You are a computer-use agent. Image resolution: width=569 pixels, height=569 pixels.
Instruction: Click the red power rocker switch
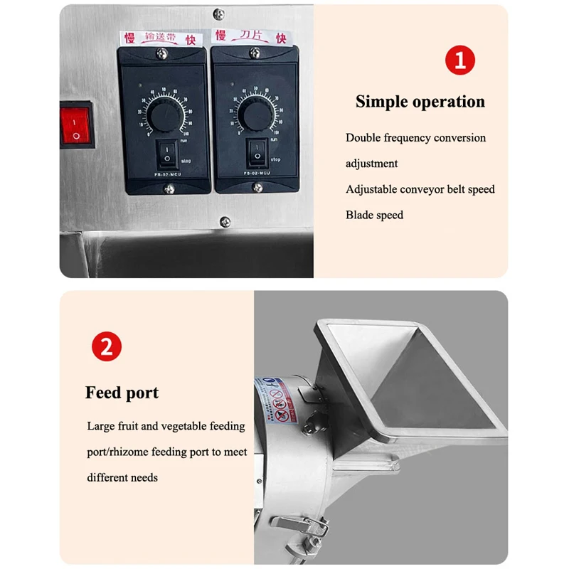pos(77,124)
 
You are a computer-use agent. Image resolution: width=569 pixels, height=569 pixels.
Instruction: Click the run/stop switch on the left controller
pos(166,151)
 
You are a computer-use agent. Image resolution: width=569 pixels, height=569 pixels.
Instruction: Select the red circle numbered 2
pos(107,347)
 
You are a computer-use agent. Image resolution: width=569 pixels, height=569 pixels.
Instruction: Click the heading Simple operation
pos(420,102)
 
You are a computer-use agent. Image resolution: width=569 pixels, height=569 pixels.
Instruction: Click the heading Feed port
pos(122,393)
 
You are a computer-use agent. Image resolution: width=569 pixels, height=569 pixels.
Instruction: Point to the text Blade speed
pos(374,215)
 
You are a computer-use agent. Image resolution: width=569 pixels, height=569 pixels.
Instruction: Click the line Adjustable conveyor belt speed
pos(420,189)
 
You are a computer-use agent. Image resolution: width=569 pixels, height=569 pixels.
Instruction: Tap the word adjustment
pos(371,164)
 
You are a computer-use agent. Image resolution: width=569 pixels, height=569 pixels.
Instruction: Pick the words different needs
pos(122,477)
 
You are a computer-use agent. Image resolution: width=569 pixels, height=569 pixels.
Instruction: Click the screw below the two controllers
pos(225,221)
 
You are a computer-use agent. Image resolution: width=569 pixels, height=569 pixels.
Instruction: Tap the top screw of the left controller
pos(163,51)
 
